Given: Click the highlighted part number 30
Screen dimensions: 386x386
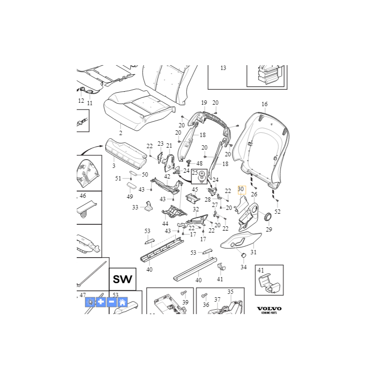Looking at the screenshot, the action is tap(241, 189).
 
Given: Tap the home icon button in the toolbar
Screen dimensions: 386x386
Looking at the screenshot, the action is tap(123, 302).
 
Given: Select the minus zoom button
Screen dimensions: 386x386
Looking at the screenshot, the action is tap(111, 302).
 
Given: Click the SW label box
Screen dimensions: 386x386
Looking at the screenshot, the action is tap(123, 279).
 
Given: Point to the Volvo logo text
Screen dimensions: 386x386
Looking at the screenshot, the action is tap(269, 309).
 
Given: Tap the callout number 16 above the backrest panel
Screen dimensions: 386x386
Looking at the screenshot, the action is tap(264, 104).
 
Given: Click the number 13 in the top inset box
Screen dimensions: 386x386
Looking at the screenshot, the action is tap(223, 68).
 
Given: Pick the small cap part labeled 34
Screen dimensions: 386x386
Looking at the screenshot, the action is tap(244, 255).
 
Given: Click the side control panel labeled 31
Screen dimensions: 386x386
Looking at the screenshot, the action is tap(240, 240).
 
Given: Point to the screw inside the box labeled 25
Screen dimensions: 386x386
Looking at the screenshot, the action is tap(202, 177).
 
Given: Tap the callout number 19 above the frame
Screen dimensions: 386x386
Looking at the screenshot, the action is tap(204, 103).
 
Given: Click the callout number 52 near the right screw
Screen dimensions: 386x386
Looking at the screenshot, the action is tap(277, 211).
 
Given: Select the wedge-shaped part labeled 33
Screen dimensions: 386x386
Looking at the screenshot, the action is tap(149, 206).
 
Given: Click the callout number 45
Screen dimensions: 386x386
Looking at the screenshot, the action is tap(195, 189).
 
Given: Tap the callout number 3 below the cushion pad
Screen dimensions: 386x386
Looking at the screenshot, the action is tap(114, 165).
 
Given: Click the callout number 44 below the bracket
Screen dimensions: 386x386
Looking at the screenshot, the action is tap(165, 223).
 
